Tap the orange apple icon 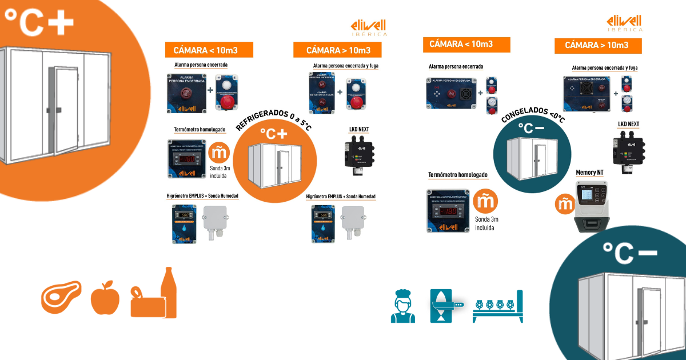(105, 298)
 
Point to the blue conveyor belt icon (497, 306)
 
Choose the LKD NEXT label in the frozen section (628, 124)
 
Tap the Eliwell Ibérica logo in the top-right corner (624, 23)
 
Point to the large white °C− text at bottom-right (629, 251)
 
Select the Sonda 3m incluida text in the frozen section (487, 223)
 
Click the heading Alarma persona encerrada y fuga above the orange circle (345, 66)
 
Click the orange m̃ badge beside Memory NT (564, 203)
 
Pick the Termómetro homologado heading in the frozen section (458, 175)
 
